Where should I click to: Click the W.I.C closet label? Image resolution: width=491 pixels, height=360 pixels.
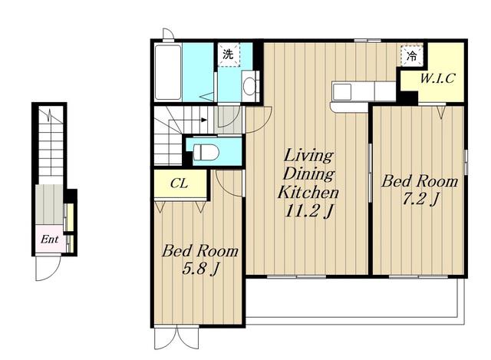(x=437, y=78)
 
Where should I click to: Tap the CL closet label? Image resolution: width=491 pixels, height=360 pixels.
(x=179, y=184)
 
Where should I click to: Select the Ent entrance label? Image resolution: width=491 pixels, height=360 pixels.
(x=49, y=239)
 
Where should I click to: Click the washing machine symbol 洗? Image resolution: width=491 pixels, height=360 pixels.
(x=229, y=54)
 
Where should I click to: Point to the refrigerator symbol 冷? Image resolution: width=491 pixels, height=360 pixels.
(x=411, y=56)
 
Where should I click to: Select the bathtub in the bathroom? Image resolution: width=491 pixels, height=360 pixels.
(x=168, y=72)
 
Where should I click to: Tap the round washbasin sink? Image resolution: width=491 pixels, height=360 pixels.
(x=249, y=86)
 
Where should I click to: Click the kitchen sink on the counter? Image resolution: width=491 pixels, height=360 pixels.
(x=342, y=91)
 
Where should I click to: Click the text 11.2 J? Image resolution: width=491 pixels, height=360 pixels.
(x=308, y=211)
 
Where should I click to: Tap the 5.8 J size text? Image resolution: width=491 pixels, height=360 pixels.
(x=200, y=269)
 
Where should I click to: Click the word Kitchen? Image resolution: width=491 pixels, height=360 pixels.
(x=308, y=192)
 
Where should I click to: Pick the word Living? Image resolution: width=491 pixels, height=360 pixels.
(x=308, y=156)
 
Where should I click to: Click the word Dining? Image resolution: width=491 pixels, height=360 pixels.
(x=308, y=174)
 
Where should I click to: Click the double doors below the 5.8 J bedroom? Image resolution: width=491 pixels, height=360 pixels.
(x=176, y=339)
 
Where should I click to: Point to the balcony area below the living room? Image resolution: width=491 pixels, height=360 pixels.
(x=354, y=298)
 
